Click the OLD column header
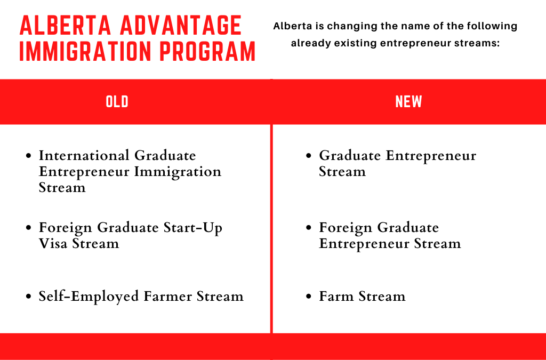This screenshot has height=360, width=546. pyautogui.click(x=117, y=101)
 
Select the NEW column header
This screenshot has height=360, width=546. pyautogui.click(x=408, y=101)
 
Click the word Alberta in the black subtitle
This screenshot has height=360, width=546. pyautogui.click(x=292, y=26)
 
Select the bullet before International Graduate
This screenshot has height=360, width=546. pyautogui.click(x=29, y=156)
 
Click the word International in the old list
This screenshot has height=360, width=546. pyautogui.click(x=84, y=156)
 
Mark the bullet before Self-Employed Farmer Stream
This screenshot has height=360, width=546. pyautogui.click(x=29, y=297)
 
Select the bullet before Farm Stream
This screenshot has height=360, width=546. pyautogui.click(x=309, y=297)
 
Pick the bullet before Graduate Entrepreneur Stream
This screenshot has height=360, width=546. pyautogui.click(x=309, y=156)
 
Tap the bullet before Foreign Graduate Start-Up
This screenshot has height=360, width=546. pyautogui.click(x=29, y=228)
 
